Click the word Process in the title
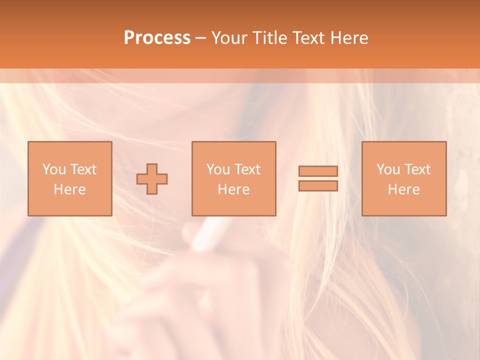click(x=157, y=38)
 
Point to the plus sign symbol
click(x=152, y=179)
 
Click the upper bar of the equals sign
click(x=318, y=171)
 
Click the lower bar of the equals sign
click(x=318, y=186)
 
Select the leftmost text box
click(x=69, y=178)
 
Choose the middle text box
click(x=233, y=178)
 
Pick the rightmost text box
click(x=403, y=178)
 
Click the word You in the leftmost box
click(x=53, y=169)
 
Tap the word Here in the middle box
click(x=233, y=189)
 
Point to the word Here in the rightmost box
click(x=403, y=189)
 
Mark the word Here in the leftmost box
click(x=69, y=189)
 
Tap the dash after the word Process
click(x=200, y=38)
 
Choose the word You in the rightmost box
click(x=388, y=169)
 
